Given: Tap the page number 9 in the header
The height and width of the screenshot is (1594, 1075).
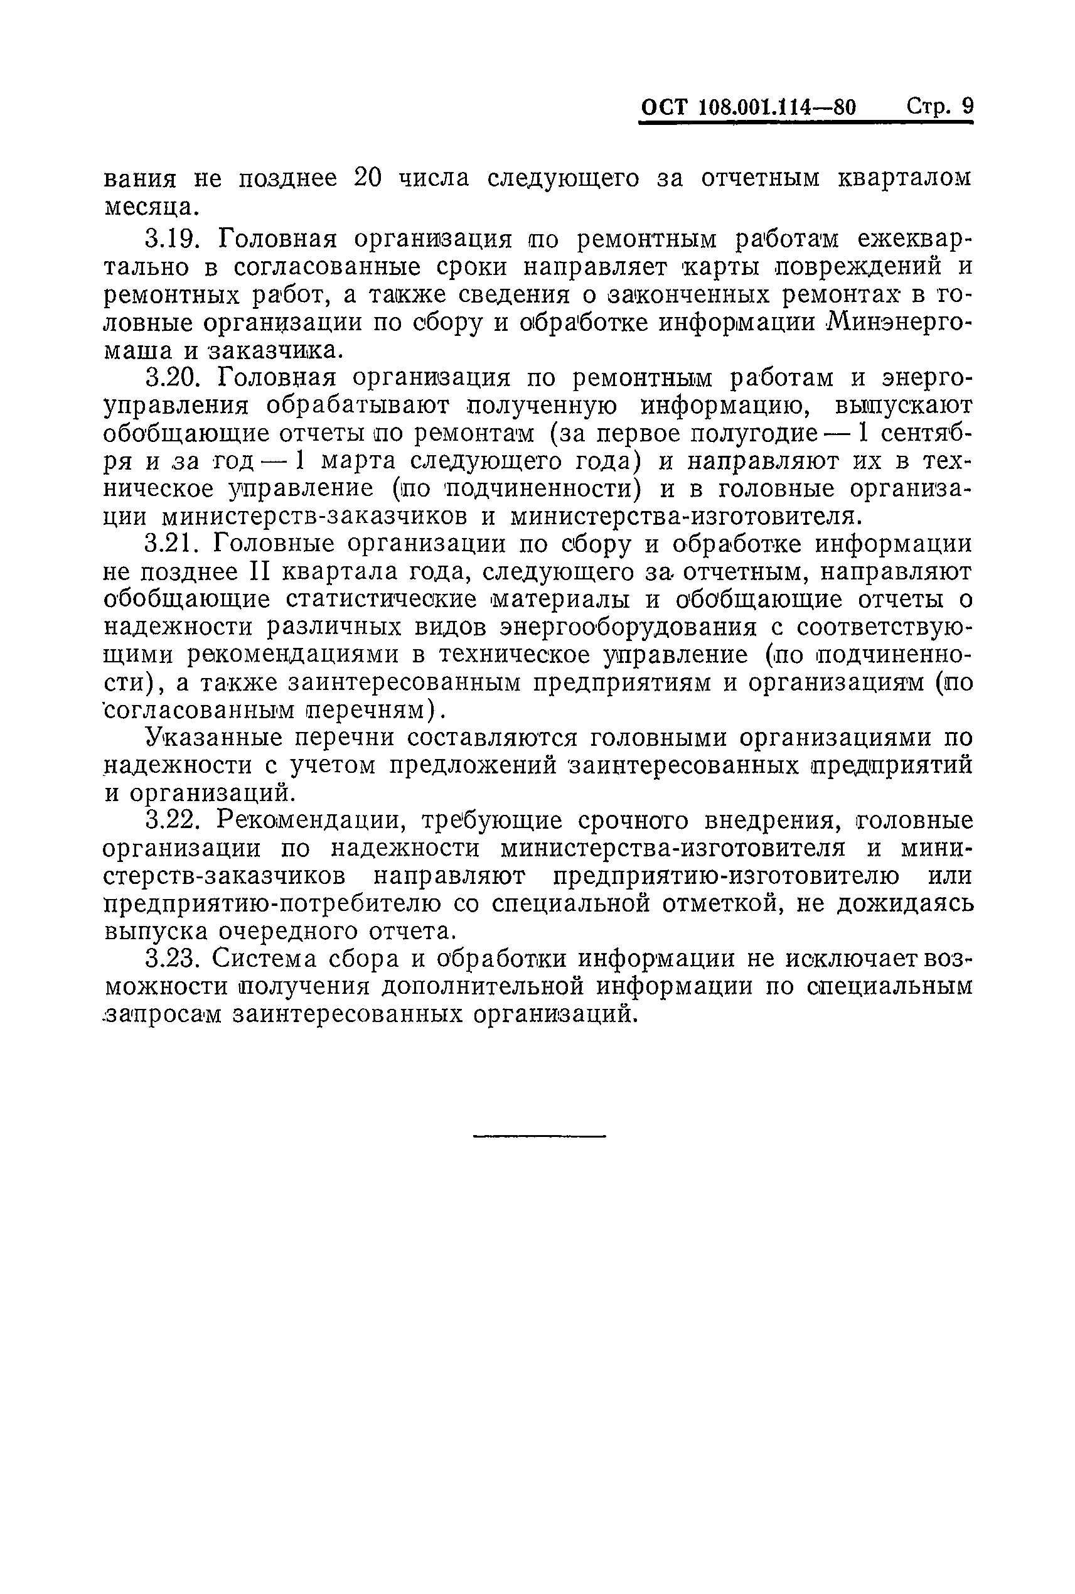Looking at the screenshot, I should pyautogui.click(x=967, y=106).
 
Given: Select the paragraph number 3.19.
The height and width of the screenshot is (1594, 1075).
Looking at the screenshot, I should pyautogui.click(x=171, y=239).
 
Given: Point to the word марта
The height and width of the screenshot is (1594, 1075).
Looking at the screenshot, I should pyautogui.click(x=358, y=461).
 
